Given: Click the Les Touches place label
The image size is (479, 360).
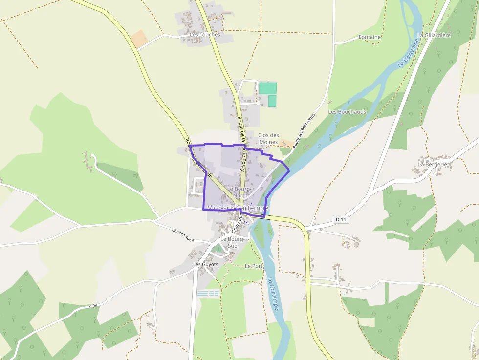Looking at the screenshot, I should (x=205, y=35).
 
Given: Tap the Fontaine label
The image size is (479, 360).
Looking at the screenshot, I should (x=370, y=37).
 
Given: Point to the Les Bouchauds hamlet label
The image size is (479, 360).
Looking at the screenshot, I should (x=347, y=112).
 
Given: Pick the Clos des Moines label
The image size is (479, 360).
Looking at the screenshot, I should (x=268, y=139).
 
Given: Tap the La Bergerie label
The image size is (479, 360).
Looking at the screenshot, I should (x=433, y=164).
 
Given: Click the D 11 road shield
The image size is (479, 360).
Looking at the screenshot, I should (x=341, y=219).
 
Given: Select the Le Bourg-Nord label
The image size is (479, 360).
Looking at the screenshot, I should (x=239, y=192).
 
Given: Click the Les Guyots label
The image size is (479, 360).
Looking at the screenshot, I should (x=205, y=264).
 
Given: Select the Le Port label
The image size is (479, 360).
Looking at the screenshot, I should (x=254, y=266).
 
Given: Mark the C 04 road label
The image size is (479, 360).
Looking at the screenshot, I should (x=93, y=306).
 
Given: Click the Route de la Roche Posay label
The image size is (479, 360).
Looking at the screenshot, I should (x=241, y=142).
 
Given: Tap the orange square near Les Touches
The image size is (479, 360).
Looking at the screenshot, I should (x=139, y=40).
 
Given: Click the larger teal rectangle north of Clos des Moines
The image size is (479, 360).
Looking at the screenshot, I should (x=267, y=88).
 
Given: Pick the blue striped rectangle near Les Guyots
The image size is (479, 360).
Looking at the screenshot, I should (x=208, y=294).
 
